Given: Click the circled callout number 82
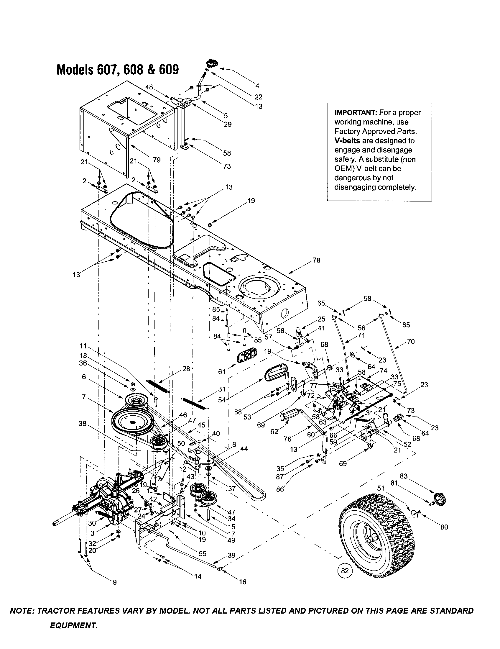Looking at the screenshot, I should click(345, 571).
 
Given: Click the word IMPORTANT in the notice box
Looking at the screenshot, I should click(355, 113).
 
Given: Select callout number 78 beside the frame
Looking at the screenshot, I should click(317, 260).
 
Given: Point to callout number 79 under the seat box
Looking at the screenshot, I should click(157, 160).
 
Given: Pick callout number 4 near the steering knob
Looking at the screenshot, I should click(257, 86).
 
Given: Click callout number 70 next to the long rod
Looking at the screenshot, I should click(411, 341).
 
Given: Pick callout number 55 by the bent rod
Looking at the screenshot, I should click(203, 554).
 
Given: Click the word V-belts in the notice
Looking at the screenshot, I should click(347, 140).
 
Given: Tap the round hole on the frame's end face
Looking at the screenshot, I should click(284, 313).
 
